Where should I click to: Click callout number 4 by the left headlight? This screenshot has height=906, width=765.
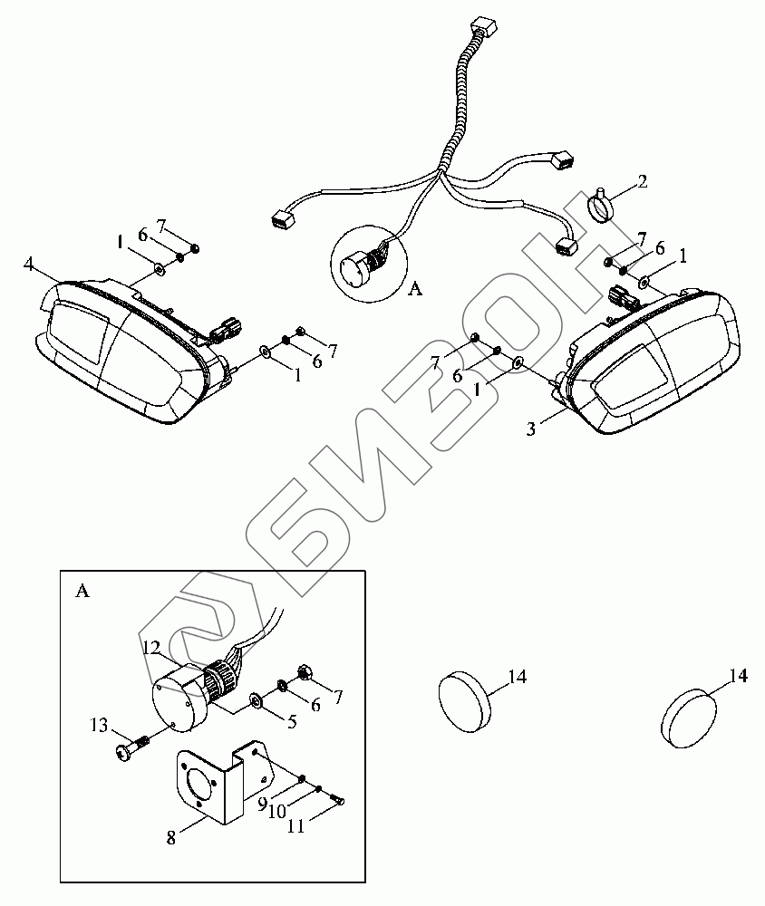pos(29,264)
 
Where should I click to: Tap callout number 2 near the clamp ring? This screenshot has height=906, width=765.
pos(642,181)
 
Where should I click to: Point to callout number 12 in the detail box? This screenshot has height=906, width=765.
pos(150,647)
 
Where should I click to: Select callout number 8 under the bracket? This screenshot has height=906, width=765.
pos(172,838)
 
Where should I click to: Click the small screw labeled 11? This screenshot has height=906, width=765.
pos(337,800)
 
